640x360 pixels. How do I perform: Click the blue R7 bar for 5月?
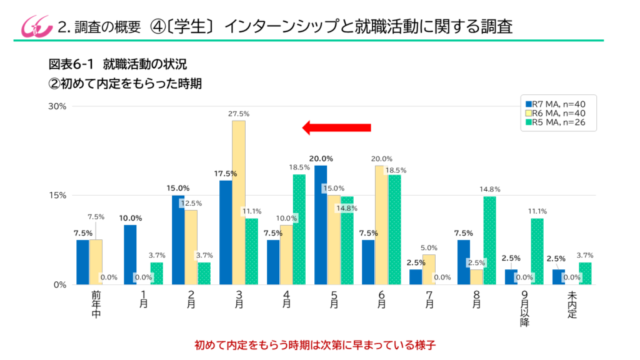[321, 225]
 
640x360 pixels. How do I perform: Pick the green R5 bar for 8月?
[489, 241]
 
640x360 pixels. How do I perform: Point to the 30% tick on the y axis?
[57, 106]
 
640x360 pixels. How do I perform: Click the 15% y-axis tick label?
[57, 195]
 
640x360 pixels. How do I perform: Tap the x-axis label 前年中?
[96, 303]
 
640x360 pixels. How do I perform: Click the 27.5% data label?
[239, 114]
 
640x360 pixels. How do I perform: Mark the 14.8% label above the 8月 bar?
[489, 189]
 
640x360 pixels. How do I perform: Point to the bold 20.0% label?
[320, 158]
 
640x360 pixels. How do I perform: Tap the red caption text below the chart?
[319, 344]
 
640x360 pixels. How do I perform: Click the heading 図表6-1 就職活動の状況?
[117, 64]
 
